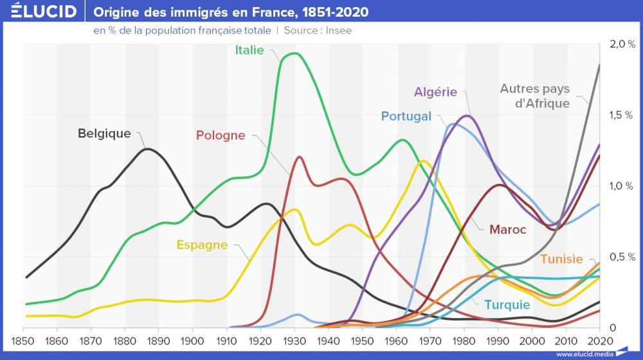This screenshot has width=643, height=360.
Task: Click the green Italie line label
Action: click(x=249, y=50)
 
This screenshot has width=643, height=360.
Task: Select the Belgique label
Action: click(x=104, y=134)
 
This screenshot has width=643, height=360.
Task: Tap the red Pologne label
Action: click(x=221, y=135)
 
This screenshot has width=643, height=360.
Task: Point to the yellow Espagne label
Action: click(x=202, y=245)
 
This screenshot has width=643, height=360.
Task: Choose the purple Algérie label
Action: click(x=435, y=92)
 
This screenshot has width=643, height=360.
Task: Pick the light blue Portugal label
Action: click(x=406, y=116)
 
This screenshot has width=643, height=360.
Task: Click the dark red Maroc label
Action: click(x=507, y=230)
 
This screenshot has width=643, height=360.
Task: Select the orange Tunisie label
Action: click(x=561, y=259)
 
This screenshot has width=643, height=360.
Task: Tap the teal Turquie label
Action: click(x=507, y=305)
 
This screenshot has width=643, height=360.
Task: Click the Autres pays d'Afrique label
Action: click(x=535, y=96)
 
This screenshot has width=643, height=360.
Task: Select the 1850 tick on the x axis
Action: click(x=23, y=340)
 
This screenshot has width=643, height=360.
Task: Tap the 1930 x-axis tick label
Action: click(x=294, y=340)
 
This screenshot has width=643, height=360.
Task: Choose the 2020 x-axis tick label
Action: click(x=599, y=340)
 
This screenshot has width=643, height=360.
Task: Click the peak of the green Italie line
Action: click(x=294, y=53)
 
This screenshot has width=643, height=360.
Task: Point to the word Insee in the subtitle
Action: click(x=338, y=30)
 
